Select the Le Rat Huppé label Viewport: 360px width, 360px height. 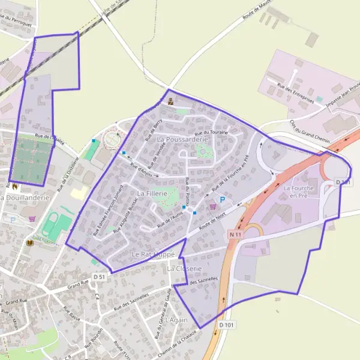point(152,254)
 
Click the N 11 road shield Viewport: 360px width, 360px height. point(235,235)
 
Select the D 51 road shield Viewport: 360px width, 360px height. point(99,277)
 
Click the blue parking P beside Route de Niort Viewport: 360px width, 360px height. point(223,199)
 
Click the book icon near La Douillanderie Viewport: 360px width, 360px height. point(31,243)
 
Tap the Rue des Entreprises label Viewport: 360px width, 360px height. point(296,95)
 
